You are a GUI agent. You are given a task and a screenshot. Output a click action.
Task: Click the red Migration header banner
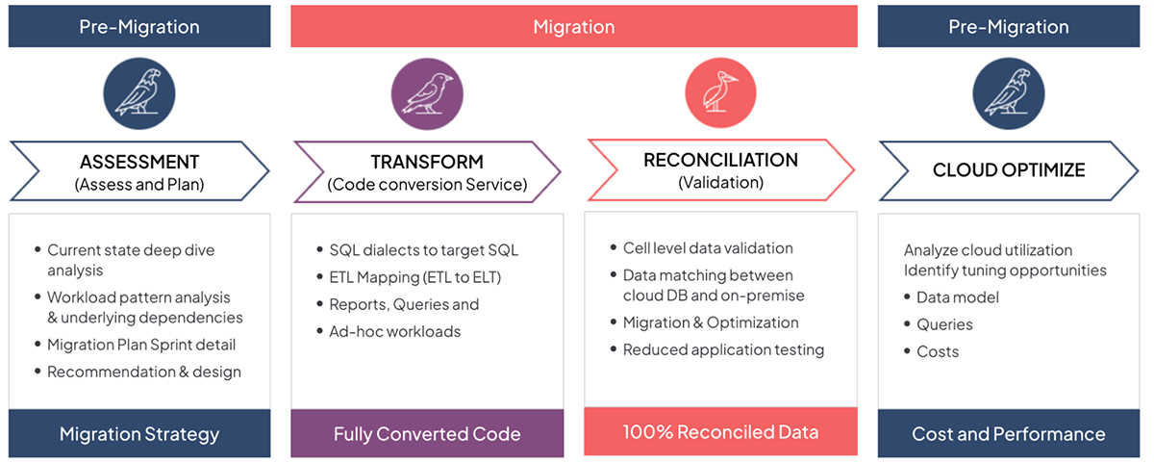[574, 26]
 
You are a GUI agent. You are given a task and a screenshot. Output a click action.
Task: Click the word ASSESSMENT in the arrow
[139, 162]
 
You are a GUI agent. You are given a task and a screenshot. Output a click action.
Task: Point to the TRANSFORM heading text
[427, 162]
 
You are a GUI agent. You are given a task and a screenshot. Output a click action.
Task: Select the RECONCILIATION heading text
[720, 160]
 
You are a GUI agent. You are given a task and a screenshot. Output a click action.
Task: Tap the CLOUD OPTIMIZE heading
[1009, 170]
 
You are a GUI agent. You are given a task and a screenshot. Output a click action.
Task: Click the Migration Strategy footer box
[139, 434]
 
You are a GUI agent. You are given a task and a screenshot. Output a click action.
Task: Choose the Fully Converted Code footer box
[427, 434]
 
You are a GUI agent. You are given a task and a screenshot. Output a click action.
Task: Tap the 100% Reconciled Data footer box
[720, 431]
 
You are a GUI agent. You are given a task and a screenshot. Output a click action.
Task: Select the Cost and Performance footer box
[1009, 434]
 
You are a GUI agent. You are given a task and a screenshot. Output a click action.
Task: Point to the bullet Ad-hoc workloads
[389, 331]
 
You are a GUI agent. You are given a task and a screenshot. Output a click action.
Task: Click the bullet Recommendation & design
[143, 372]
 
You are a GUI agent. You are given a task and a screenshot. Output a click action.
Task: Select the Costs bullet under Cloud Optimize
[938, 351]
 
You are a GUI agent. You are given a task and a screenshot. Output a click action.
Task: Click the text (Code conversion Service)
[427, 184]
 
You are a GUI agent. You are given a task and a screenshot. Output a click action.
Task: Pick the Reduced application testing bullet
[723, 349]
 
